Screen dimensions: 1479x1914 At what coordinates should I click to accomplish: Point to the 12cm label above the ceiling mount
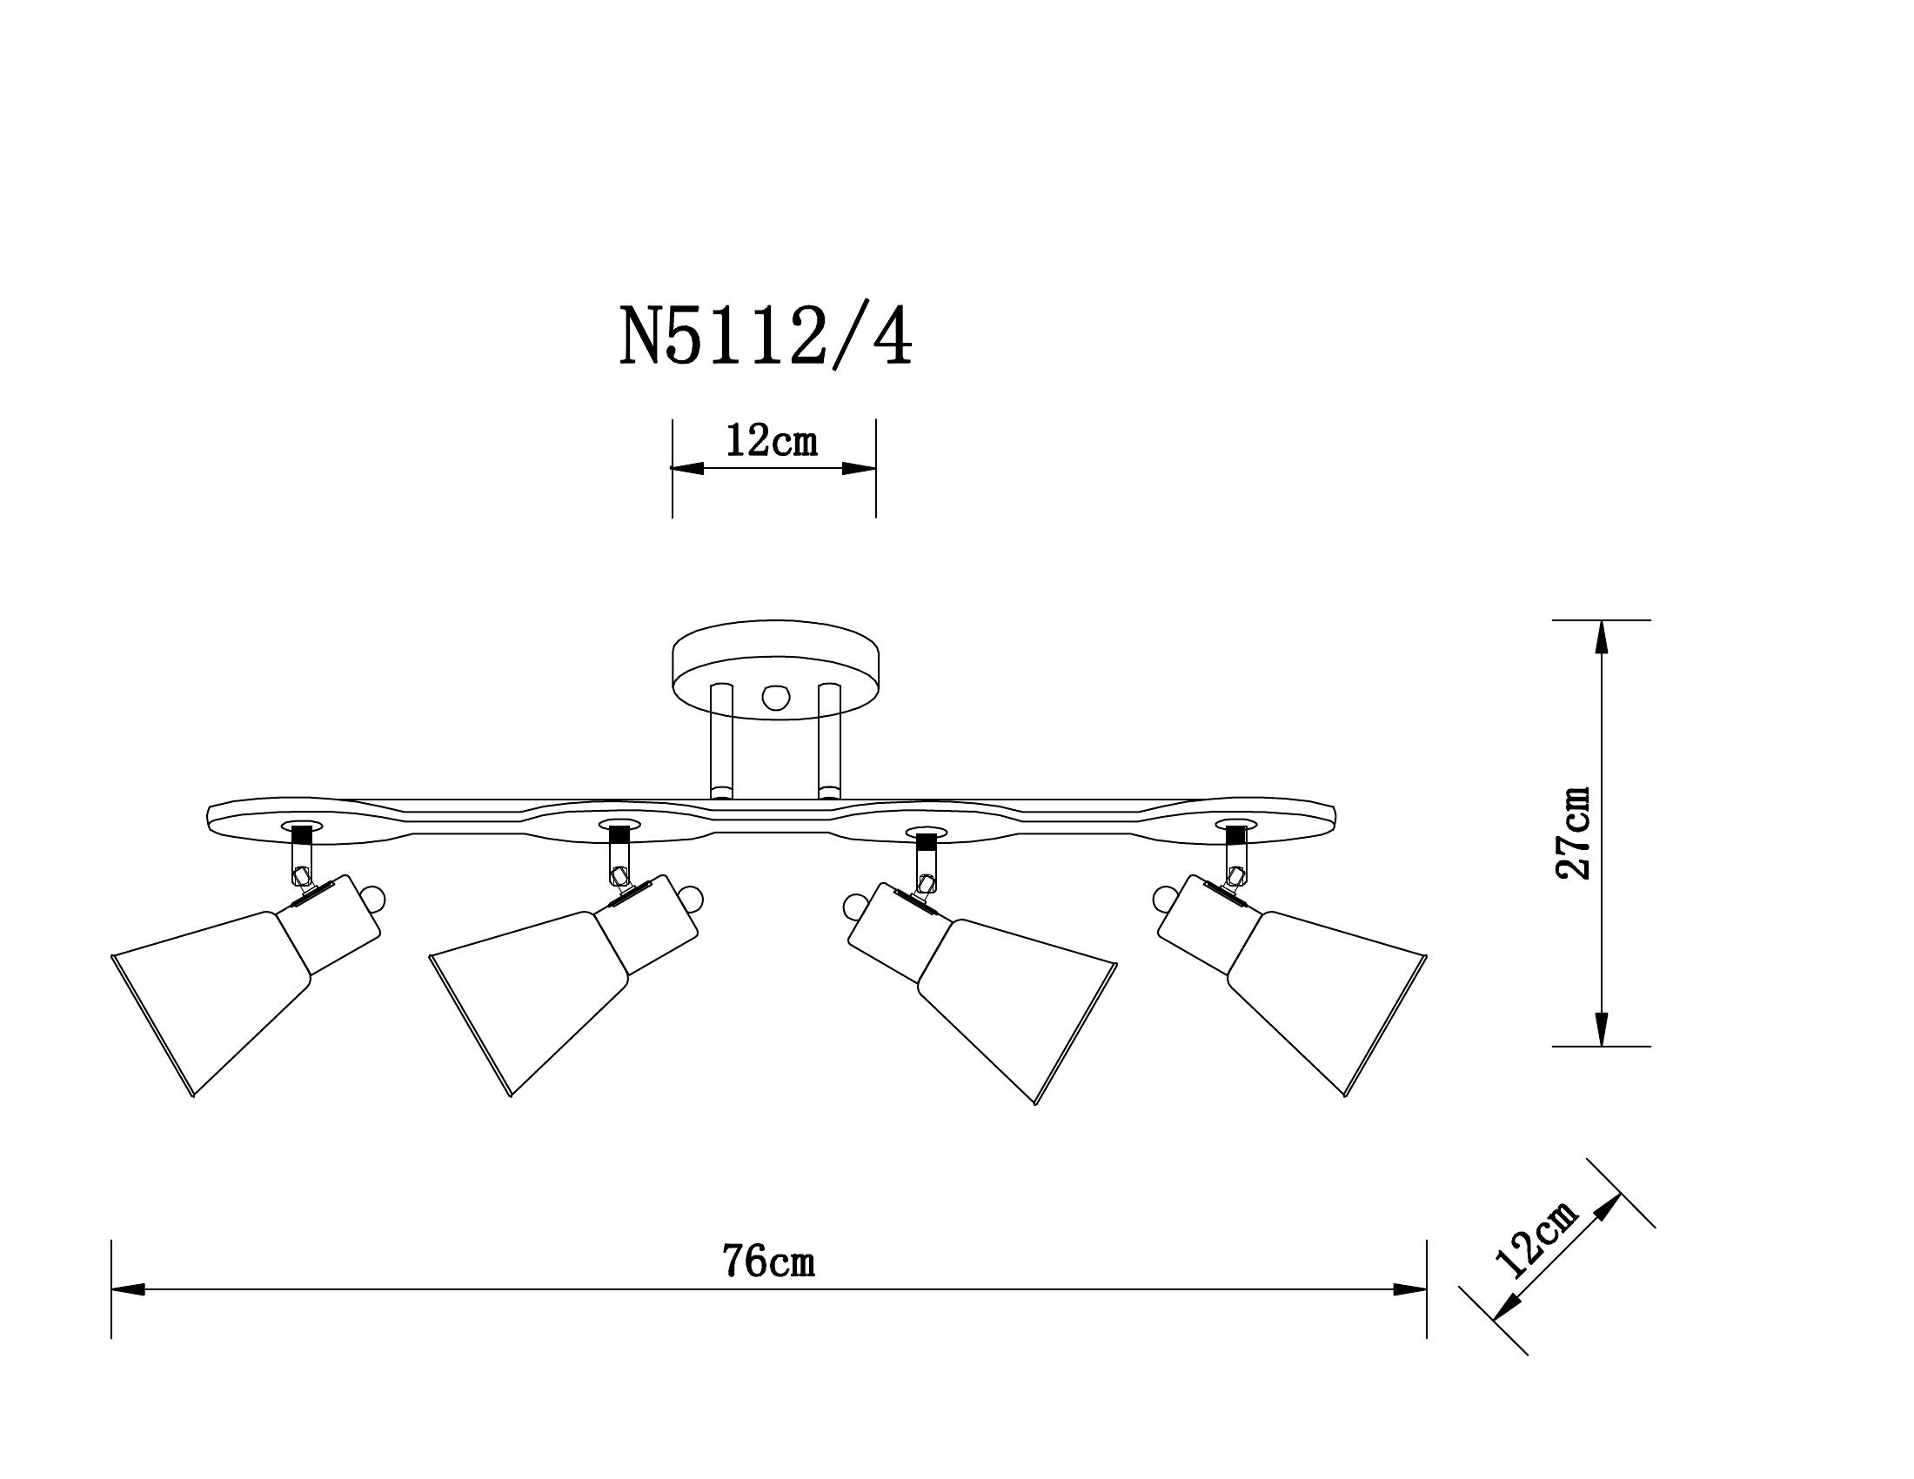(x=771, y=441)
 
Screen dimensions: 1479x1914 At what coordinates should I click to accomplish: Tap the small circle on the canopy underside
(x=775, y=698)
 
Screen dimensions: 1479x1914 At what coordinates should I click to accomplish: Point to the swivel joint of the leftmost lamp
(x=301, y=873)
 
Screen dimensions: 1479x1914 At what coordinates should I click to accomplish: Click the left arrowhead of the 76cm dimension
(x=127, y=1289)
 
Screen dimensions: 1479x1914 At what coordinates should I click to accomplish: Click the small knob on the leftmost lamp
(x=374, y=898)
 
